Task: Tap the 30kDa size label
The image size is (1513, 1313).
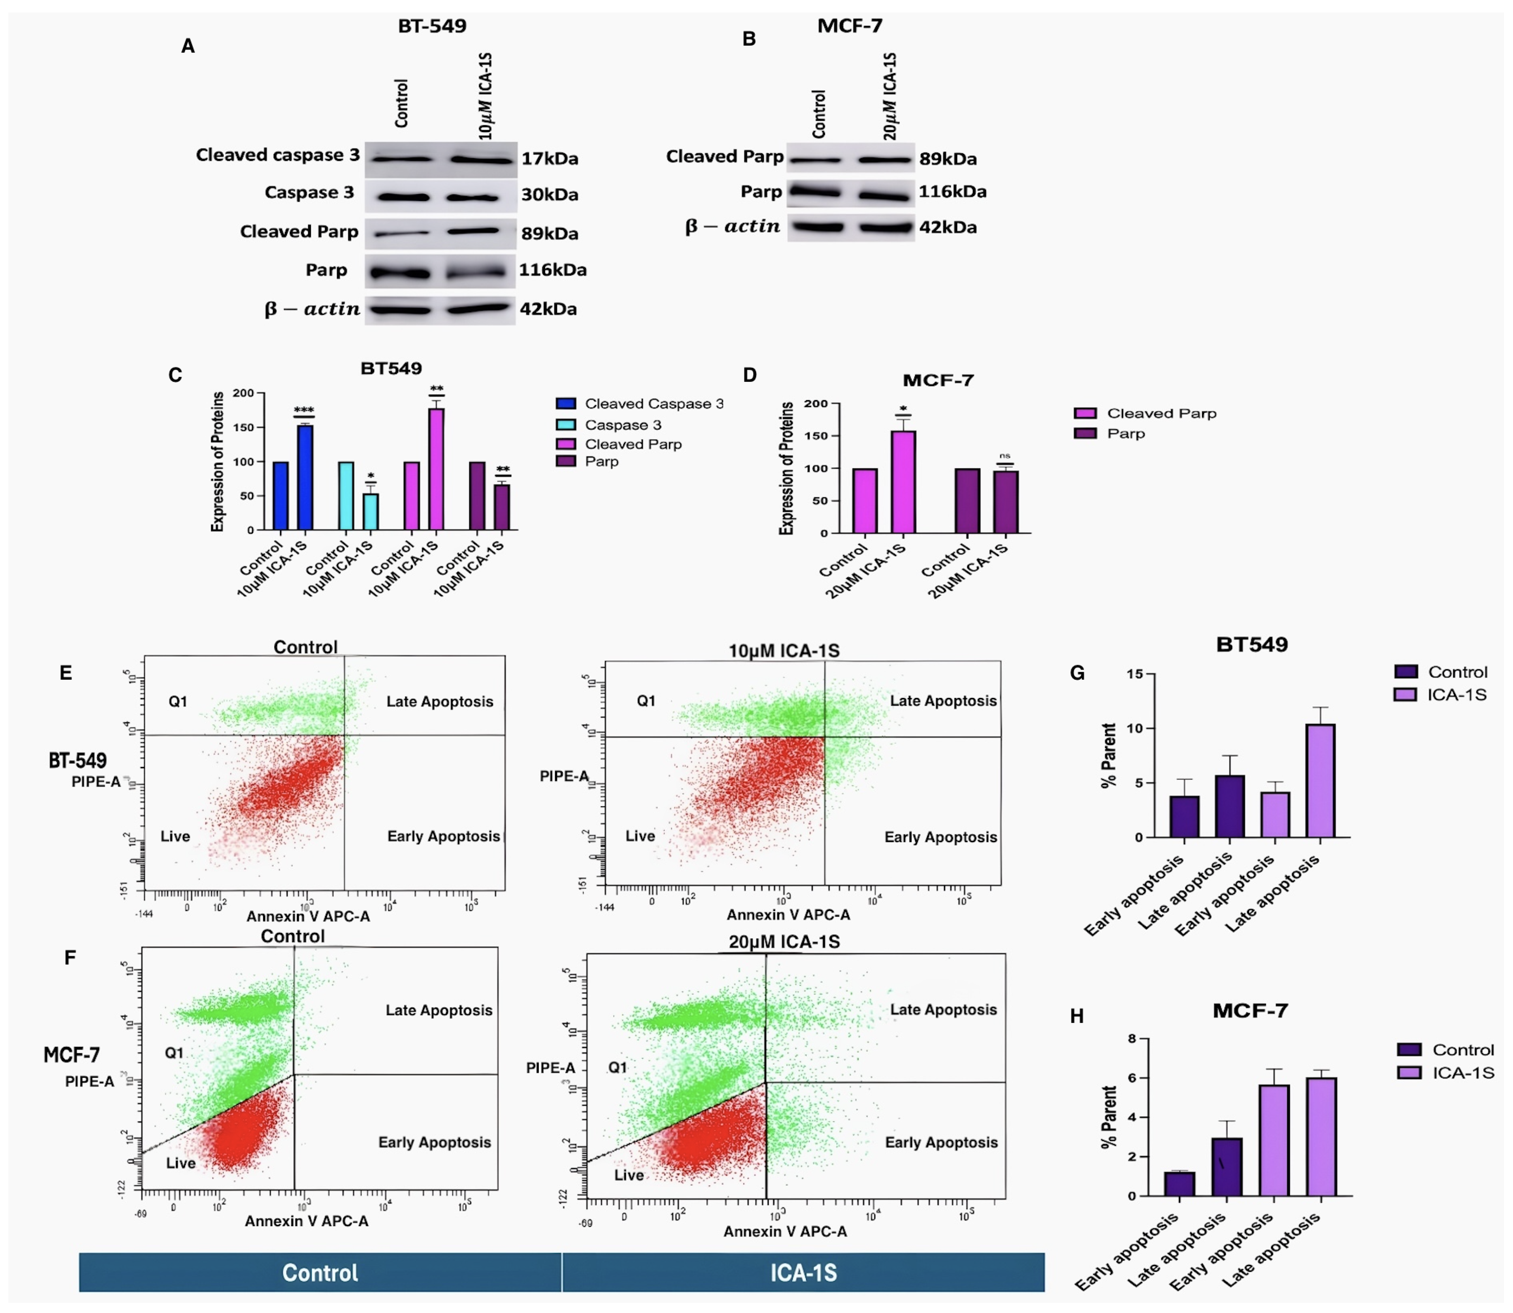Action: (550, 195)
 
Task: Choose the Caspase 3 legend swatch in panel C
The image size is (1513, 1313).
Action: (566, 425)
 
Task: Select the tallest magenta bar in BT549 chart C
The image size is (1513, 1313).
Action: (436, 469)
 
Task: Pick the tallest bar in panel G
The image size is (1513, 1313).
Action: (1320, 780)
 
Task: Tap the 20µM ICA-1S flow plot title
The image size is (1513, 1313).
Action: (784, 942)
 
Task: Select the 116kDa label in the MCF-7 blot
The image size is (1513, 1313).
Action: (952, 192)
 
